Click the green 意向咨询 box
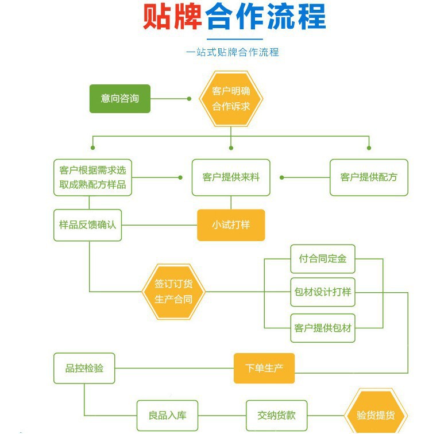(120, 98)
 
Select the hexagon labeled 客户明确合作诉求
(231, 98)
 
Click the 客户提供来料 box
(231, 177)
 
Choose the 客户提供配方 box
(369, 177)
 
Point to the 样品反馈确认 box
(88, 224)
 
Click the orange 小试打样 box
(231, 224)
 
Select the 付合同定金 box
(323, 259)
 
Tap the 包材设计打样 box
(323, 292)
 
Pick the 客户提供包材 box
(323, 328)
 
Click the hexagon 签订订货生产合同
(173, 292)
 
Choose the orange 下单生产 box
(264, 368)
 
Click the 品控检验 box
(84, 368)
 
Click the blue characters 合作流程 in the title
(265, 17)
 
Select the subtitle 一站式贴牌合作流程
(232, 52)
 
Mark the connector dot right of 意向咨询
(190, 98)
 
